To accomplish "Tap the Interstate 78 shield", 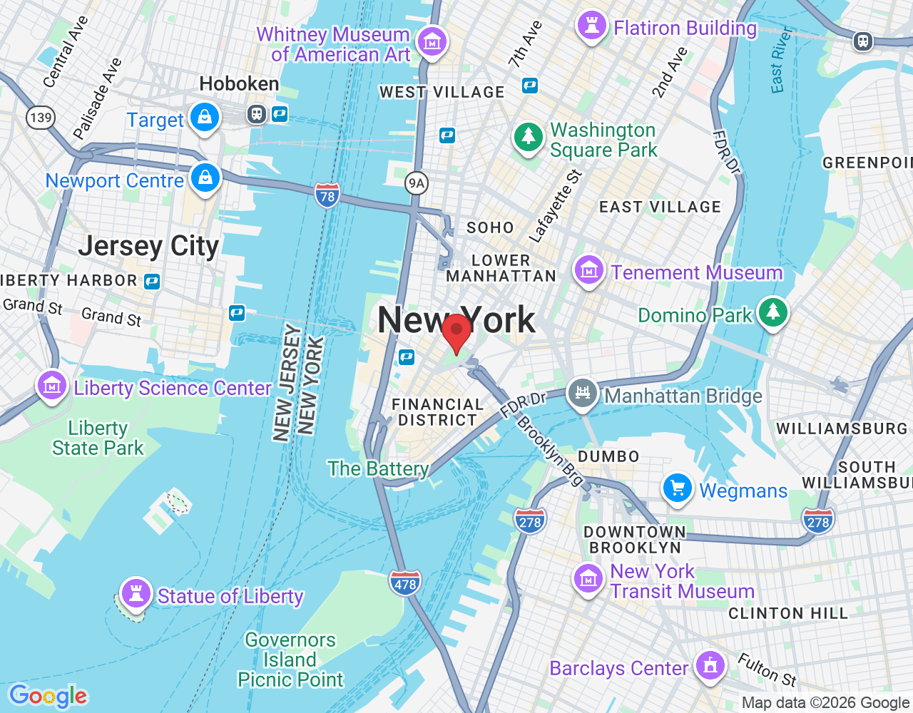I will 327,195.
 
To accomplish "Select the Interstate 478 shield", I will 404,583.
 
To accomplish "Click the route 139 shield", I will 41,117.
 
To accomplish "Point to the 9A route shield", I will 416,183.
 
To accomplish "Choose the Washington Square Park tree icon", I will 529,135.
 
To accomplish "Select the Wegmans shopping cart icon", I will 677,489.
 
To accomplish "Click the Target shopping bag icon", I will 205,117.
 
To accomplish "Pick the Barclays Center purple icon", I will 709,666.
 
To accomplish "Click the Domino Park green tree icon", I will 772,312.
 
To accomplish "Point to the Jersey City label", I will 148,246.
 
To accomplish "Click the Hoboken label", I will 239,84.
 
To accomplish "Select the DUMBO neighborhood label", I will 608,456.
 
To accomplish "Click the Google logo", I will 48,696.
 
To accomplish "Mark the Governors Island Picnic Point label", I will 290,660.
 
